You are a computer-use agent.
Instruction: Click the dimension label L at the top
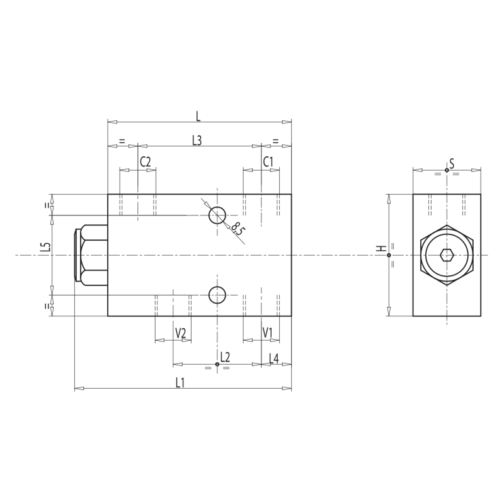pos(198,115)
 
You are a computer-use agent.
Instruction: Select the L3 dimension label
pos(197,140)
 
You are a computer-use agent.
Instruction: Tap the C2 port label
pos(146,162)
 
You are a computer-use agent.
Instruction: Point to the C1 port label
pos(268,162)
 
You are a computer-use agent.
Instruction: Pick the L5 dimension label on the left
pos(44,248)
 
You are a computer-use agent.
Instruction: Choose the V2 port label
pos(181,333)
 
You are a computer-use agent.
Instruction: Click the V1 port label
pos(268,333)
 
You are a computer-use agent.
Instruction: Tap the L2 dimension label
pos(225,357)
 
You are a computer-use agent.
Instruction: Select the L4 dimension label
pos(273,358)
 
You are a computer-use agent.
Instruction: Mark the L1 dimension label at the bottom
pos(180,382)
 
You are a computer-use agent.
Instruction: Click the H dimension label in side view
pos(381,248)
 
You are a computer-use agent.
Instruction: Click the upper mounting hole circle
pos(217,215)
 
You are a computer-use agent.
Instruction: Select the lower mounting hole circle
pos(217,294)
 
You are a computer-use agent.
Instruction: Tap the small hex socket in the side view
pos(447,255)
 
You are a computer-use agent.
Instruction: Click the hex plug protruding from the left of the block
pos(91,255)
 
